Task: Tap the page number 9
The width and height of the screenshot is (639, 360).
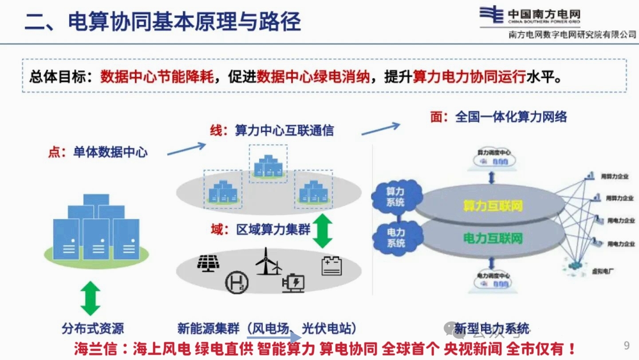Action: [627, 345]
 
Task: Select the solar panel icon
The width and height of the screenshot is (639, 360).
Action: [209, 263]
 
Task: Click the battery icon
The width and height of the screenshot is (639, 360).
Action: [331, 266]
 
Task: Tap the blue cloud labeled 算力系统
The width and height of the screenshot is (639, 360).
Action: [395, 197]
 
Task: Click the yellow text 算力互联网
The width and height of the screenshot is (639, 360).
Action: [493, 206]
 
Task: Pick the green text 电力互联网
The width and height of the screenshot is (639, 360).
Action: [493, 238]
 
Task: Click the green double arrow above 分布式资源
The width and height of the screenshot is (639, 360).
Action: [91, 298]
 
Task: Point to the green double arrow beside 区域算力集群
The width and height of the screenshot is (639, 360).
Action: [323, 231]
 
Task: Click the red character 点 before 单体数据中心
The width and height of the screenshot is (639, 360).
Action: [54, 153]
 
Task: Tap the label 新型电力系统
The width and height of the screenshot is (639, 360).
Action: [492, 329]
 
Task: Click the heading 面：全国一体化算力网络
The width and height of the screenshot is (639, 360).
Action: [499, 117]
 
